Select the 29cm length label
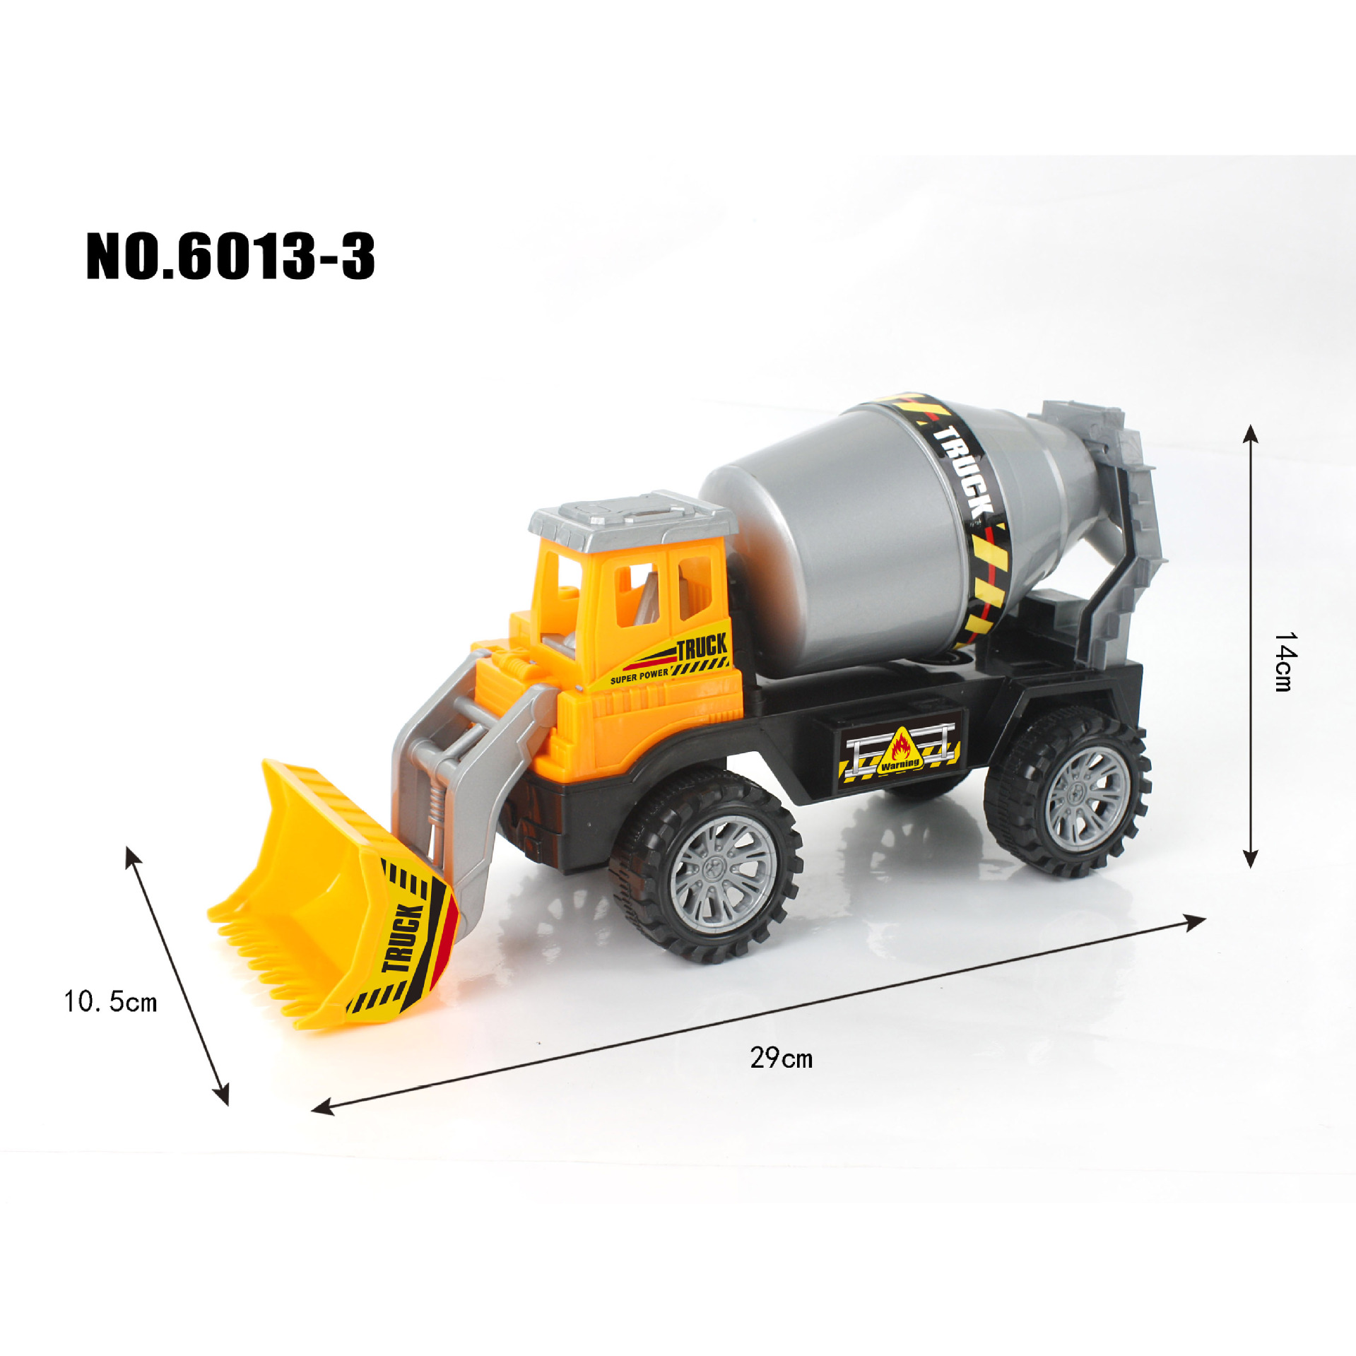pos(782,1058)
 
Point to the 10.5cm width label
pos(110,1001)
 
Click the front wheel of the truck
pos(707,866)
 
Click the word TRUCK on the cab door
pos(702,646)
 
